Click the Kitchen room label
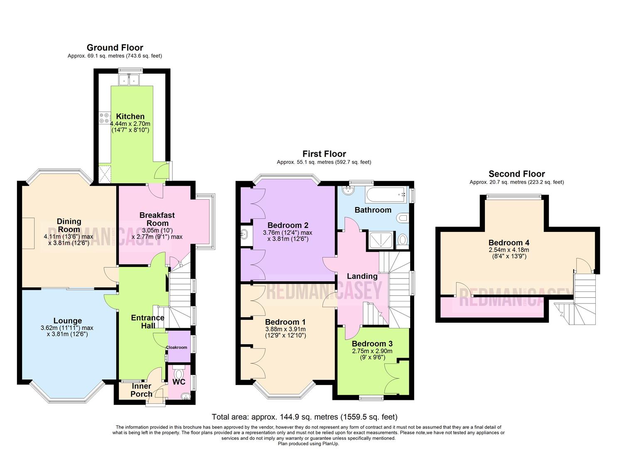click(130, 116)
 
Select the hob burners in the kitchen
click(104, 118)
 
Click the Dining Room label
click(69, 225)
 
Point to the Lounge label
click(67, 321)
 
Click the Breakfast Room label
click(157, 219)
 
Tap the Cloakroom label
click(177, 347)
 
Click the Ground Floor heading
click(115, 48)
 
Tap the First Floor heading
click(324, 154)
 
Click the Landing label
click(362, 276)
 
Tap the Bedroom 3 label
click(372, 344)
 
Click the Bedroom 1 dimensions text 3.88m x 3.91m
click(285, 329)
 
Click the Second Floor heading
click(516, 174)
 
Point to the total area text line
click(304, 417)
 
